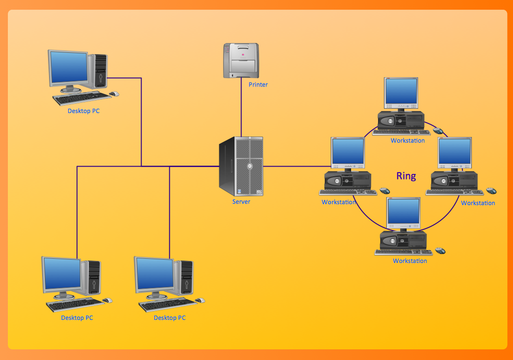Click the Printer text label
coord(258,85)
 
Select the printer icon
coord(241,60)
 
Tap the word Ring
coord(406,176)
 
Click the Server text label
coord(241,202)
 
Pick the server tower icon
coord(241,166)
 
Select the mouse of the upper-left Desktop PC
coord(114,94)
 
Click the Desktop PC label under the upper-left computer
coord(83,111)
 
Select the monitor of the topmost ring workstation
coord(401,92)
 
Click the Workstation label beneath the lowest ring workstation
coord(410,261)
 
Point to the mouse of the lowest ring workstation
coord(440,251)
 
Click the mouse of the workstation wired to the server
coord(385,191)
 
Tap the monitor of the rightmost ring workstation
coord(455,153)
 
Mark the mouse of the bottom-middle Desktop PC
coord(200,300)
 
